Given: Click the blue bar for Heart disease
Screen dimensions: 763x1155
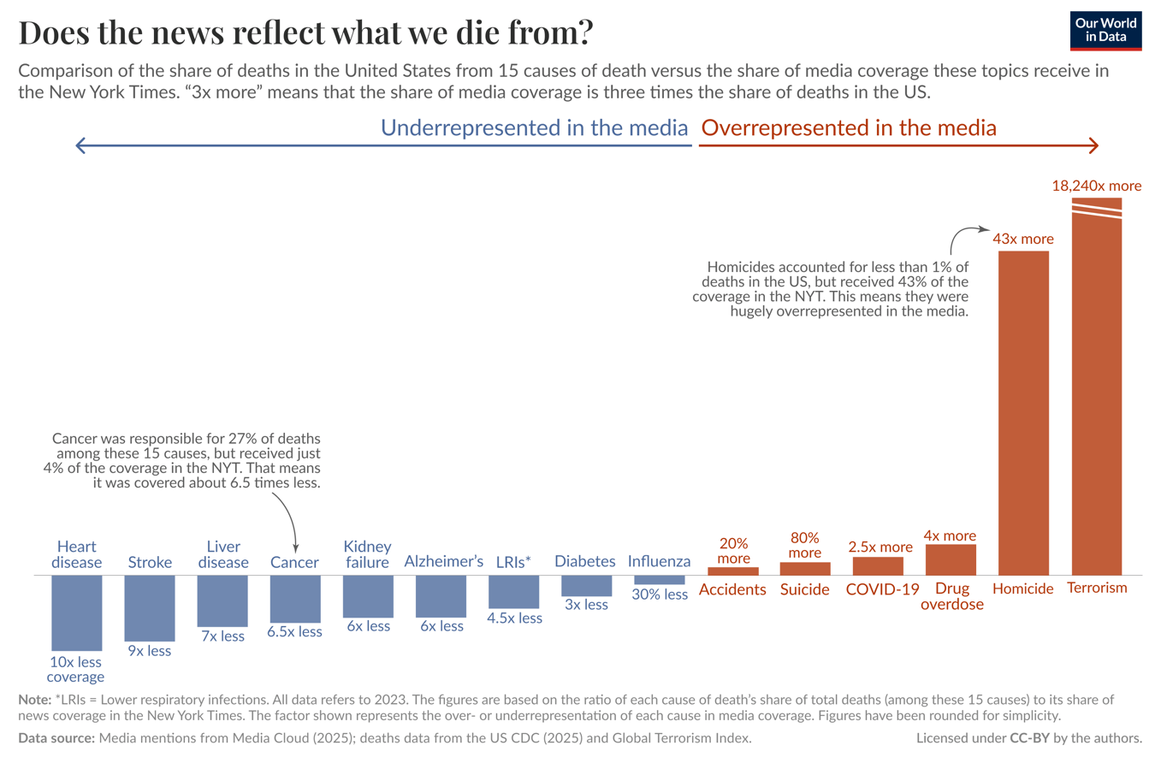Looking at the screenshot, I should [77, 612].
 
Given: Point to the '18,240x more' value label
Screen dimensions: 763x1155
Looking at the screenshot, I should [1096, 186].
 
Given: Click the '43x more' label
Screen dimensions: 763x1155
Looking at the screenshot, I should [1023, 239].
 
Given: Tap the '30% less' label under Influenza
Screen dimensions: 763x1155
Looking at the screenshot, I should [660, 594].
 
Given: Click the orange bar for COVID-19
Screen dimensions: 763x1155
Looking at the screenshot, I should [878, 565].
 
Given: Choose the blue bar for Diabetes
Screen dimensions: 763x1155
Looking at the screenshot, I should [586, 585].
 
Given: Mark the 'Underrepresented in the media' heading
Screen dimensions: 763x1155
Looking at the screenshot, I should [534, 128].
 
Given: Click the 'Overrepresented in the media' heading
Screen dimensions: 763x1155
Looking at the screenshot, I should [849, 128].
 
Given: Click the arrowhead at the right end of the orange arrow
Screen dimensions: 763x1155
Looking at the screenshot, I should [1094, 145].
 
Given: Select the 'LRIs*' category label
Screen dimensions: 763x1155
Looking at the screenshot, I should [514, 562].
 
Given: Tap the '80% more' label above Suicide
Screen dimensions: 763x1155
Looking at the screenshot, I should [805, 546].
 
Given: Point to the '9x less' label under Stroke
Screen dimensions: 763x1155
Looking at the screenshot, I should [150, 651].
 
